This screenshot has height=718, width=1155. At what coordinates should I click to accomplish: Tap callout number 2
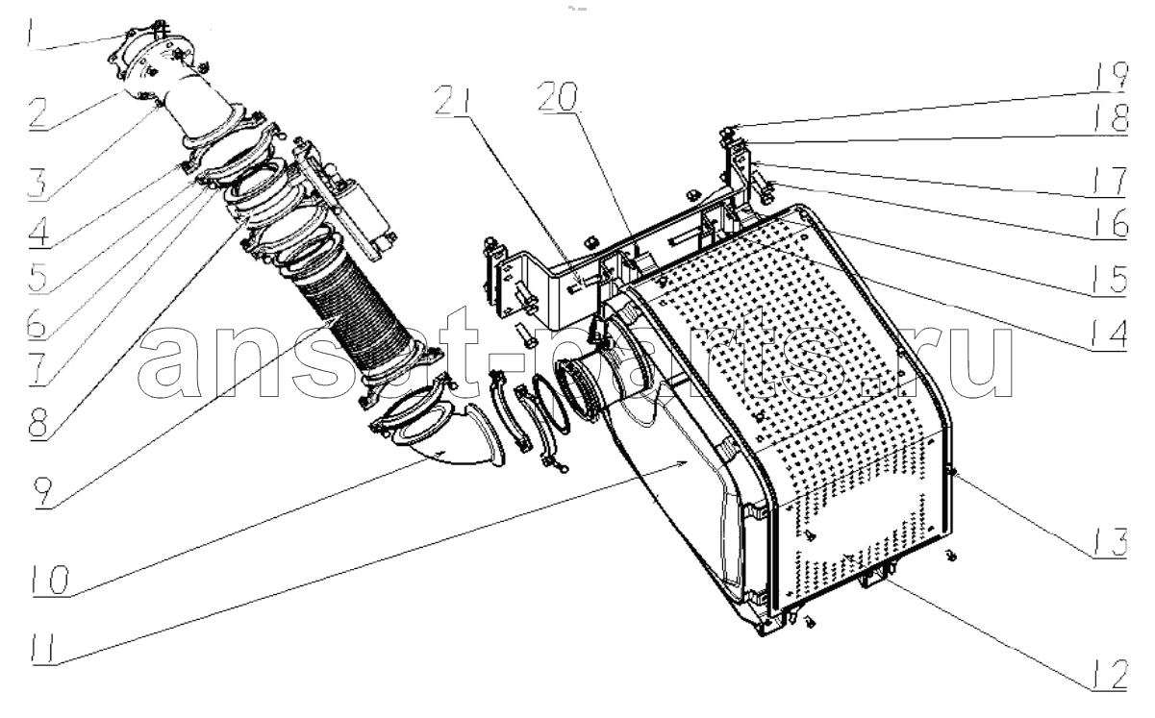38,112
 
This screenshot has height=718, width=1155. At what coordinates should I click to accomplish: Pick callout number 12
1109,674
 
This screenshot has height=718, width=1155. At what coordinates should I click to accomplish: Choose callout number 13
1109,542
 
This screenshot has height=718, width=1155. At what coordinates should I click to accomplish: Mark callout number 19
1109,75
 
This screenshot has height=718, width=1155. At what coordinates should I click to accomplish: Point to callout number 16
1109,223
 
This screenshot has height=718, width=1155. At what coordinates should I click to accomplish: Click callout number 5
38,276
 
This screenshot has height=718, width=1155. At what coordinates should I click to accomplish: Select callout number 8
38,424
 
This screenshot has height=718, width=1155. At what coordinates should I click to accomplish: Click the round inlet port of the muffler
580,384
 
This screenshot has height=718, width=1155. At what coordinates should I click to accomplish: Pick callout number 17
1109,181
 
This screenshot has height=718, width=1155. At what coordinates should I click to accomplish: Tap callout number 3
38,183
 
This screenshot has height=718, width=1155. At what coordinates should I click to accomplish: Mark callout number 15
1109,280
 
